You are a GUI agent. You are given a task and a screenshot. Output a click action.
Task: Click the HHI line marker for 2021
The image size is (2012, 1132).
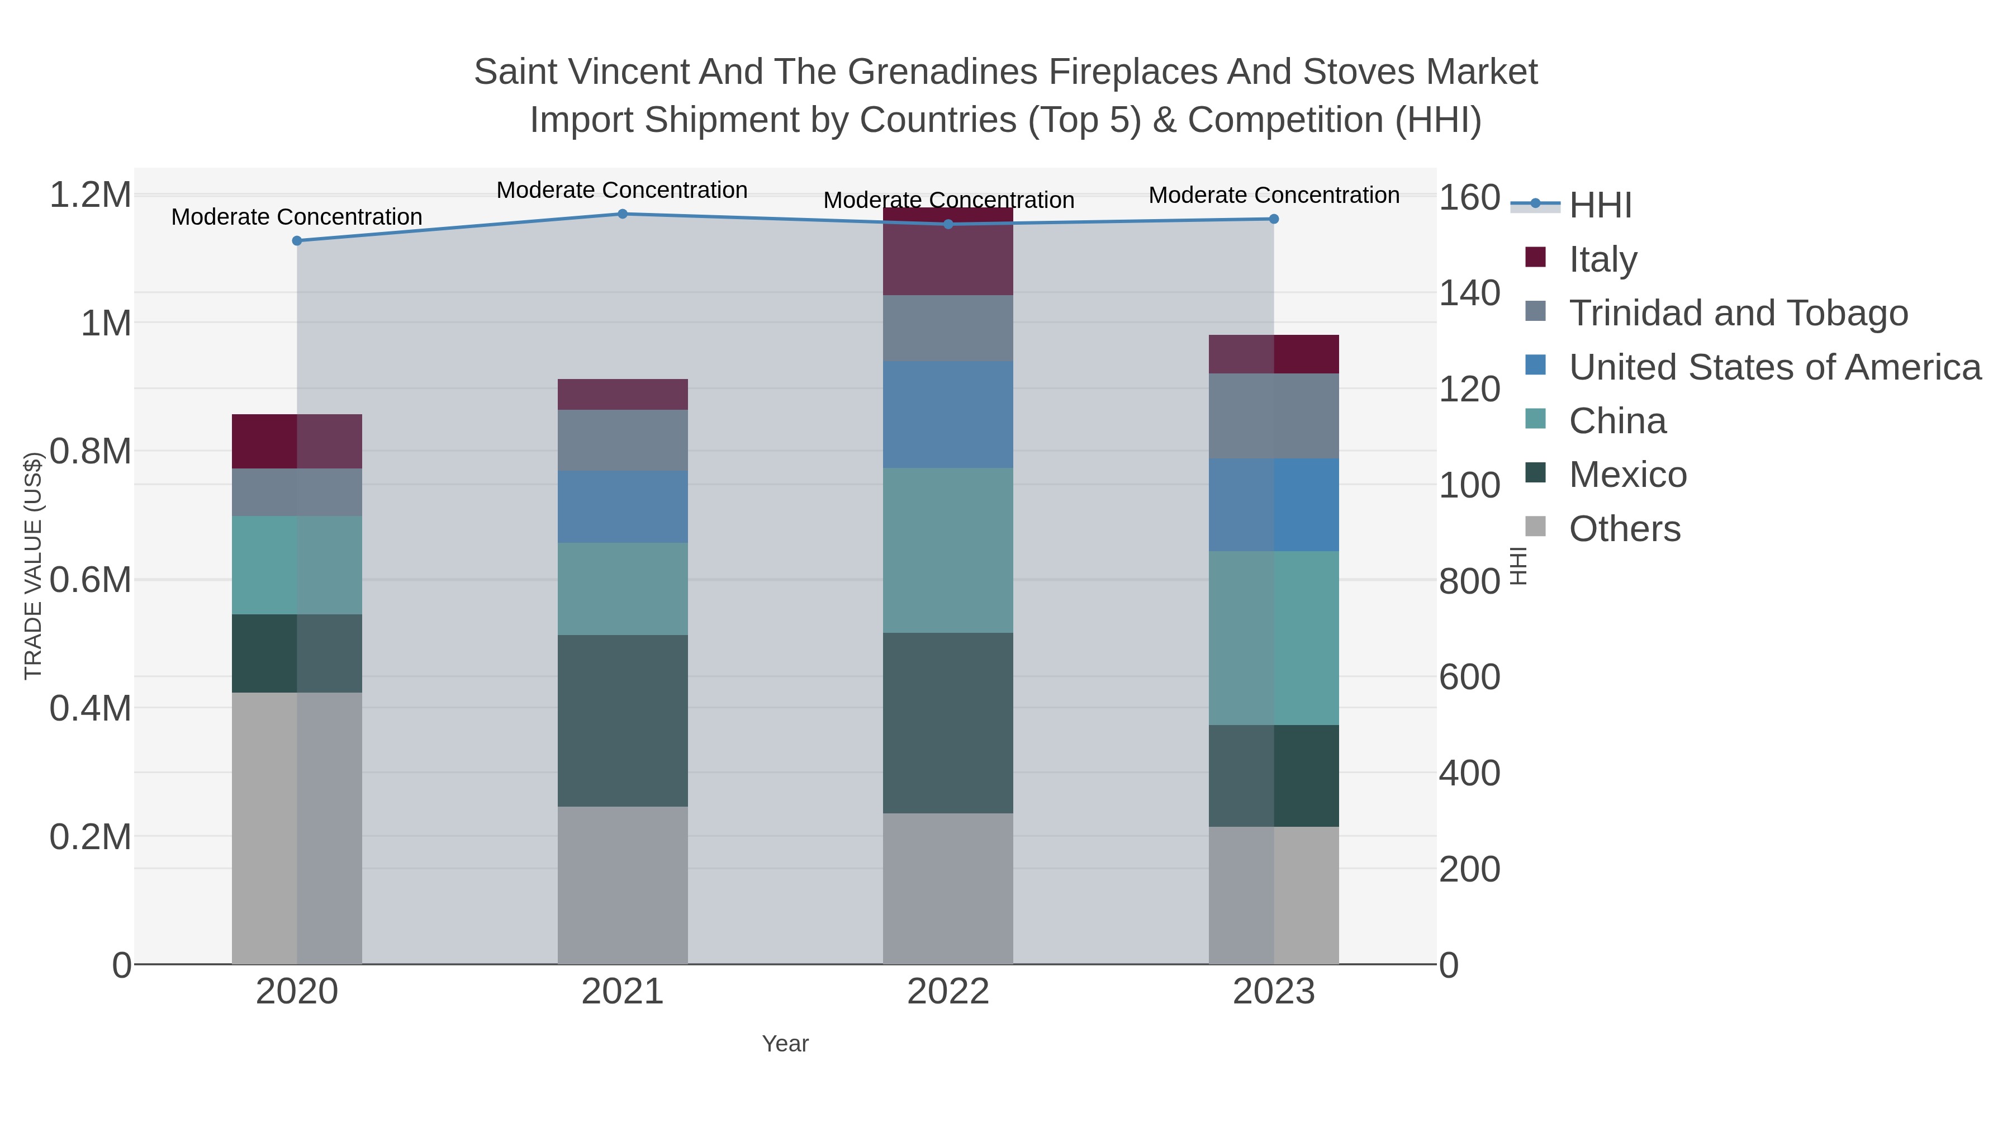pyautogui.click(x=623, y=214)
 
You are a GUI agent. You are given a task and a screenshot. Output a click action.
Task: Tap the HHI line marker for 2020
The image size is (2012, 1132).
pyautogui.click(x=297, y=240)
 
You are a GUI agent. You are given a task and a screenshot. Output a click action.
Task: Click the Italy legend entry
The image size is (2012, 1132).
pyautogui.click(x=1602, y=259)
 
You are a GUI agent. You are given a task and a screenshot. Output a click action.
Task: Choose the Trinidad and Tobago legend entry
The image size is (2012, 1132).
pyautogui.click(x=1738, y=312)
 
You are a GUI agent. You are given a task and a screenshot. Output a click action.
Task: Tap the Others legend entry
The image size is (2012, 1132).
pyautogui.click(x=1624, y=529)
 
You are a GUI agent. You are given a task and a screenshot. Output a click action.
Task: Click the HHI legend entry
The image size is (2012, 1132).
pyautogui.click(x=1600, y=205)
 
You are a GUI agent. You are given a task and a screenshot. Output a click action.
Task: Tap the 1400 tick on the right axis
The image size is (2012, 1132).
pyautogui.click(x=1469, y=293)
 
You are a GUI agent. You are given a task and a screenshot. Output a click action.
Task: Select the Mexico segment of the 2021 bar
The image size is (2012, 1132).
pyautogui.click(x=623, y=721)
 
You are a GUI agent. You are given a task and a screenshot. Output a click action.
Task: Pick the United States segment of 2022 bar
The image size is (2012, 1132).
pyautogui.click(x=948, y=414)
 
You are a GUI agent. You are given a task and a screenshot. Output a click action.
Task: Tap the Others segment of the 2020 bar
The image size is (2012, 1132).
pyautogui.click(x=297, y=828)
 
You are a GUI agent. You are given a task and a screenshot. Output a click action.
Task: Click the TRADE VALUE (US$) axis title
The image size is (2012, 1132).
pyautogui.click(x=33, y=566)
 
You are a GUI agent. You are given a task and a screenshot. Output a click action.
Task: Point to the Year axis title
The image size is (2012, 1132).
pyautogui.click(x=785, y=1044)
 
